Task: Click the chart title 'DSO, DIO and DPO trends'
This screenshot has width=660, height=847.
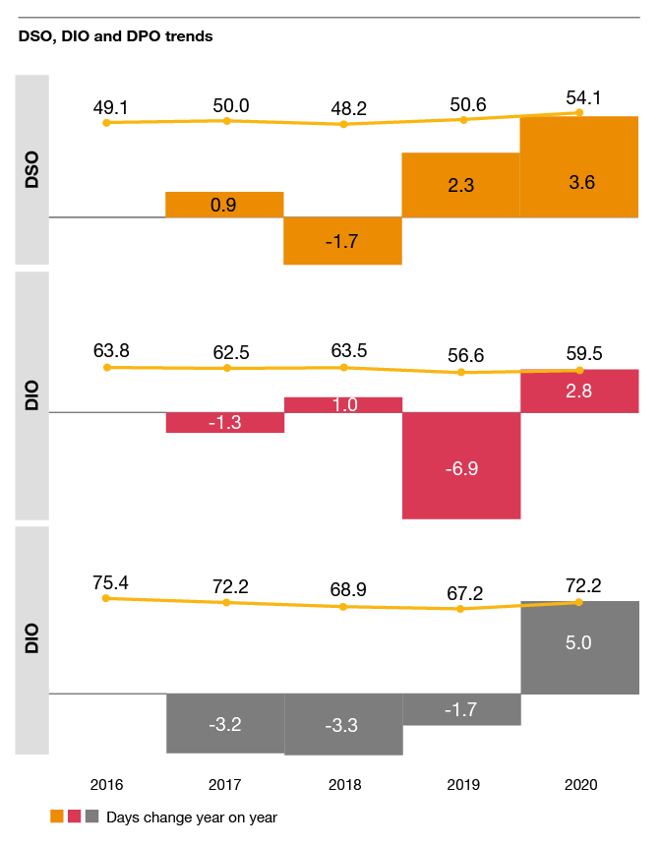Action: click(115, 37)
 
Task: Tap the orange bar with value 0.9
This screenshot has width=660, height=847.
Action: click(224, 205)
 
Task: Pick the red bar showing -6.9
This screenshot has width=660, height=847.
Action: click(461, 464)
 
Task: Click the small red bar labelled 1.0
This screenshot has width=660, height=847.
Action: click(343, 404)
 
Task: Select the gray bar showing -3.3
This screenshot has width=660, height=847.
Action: click(343, 724)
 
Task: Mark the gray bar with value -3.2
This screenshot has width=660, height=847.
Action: click(224, 722)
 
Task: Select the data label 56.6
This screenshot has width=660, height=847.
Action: click(462, 355)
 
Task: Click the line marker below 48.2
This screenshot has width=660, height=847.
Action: click(343, 125)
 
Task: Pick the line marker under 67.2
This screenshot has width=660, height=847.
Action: click(461, 609)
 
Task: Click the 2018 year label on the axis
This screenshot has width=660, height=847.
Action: click(343, 785)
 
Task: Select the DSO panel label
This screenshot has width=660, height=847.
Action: click(30, 168)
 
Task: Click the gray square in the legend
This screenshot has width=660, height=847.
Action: click(91, 817)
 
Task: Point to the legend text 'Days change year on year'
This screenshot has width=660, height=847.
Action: click(192, 817)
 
